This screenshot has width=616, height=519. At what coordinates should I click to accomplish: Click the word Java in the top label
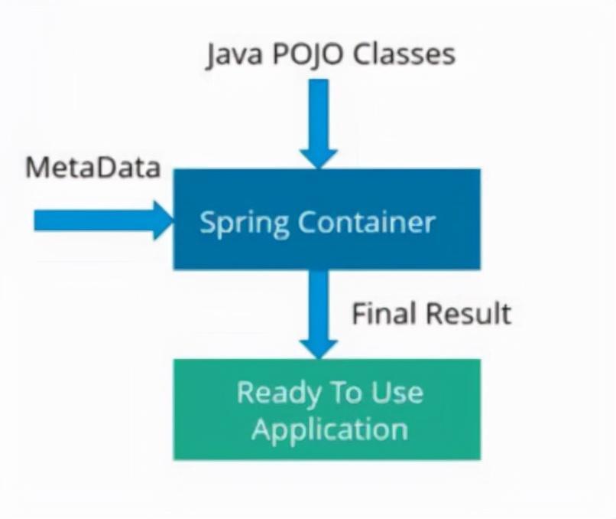tap(229, 55)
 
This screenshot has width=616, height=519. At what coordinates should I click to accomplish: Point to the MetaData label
tap(92, 168)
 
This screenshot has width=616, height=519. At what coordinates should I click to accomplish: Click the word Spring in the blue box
tap(244, 223)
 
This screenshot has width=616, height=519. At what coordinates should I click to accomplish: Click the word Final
tap(384, 314)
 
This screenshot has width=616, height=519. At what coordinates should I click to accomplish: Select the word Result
tap(468, 314)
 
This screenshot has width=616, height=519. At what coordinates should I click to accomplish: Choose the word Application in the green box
tap(329, 429)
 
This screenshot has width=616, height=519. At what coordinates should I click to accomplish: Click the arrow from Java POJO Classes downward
tap(318, 115)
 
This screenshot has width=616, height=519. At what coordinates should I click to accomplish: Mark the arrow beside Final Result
tap(318, 306)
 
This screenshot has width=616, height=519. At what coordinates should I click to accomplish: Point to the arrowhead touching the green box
tap(318, 347)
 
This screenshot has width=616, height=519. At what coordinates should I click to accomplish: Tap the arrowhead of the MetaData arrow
tap(162, 220)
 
